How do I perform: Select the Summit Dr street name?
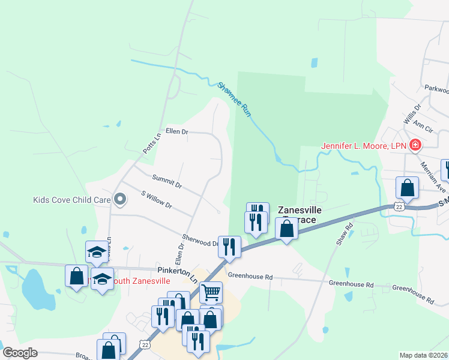point(167,181)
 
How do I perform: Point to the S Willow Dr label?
point(156,200)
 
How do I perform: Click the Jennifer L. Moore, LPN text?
point(363,146)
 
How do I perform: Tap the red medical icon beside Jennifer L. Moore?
point(414,145)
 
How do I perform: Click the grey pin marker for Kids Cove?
point(120,199)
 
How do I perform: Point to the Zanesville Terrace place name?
point(300,215)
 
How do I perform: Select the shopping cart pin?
point(211,292)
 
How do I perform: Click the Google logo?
point(20,353)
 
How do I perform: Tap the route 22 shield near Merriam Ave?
point(399,206)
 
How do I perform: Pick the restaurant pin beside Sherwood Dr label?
point(229,247)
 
